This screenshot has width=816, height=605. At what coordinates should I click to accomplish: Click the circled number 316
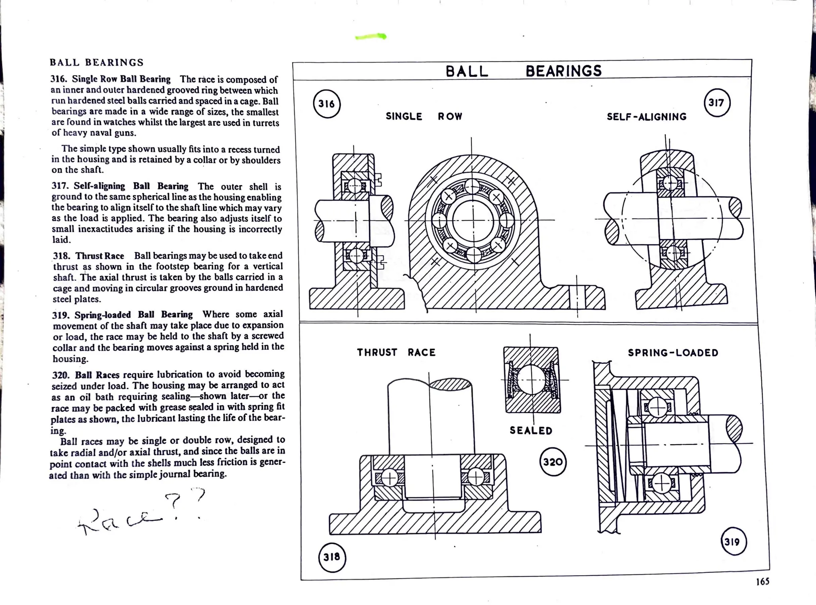327,104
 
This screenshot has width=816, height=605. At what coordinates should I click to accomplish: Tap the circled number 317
716,103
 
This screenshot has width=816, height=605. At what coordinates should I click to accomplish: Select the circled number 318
332,557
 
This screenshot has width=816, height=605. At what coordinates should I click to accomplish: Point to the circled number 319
734,542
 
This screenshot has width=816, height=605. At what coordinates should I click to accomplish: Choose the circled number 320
553,462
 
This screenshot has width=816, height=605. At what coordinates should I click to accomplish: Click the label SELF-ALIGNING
647,117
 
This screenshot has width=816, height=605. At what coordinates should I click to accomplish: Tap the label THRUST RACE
396,353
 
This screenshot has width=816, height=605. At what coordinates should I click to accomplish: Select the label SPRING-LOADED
673,353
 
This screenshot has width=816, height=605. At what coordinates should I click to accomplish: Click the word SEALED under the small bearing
531,431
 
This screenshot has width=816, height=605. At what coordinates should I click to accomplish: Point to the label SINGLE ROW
424,117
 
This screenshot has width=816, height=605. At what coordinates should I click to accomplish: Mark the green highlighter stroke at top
371,37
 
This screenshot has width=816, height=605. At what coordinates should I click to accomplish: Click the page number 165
763,582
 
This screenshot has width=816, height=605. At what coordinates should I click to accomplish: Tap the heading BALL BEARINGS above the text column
96,62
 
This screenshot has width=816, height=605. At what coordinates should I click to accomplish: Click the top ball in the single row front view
472,185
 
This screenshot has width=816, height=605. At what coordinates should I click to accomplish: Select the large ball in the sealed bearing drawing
532,379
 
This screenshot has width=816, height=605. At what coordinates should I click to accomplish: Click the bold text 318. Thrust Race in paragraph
88,256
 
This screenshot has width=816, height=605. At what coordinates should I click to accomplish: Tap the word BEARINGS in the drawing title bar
563,71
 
